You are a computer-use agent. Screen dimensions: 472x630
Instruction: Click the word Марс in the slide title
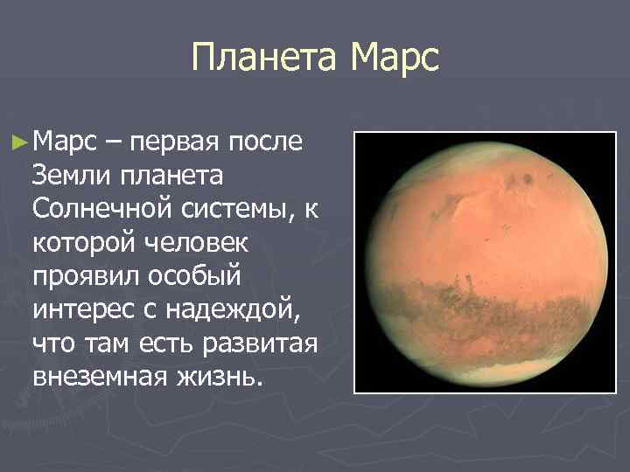pyautogui.click(x=393, y=60)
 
